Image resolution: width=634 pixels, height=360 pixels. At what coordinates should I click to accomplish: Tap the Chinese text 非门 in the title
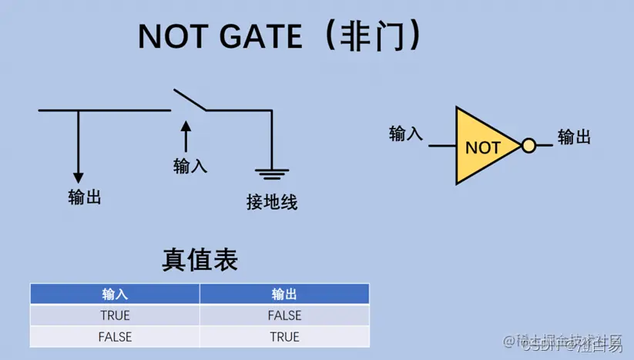point(368,36)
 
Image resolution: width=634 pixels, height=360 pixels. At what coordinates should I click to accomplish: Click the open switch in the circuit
point(190,101)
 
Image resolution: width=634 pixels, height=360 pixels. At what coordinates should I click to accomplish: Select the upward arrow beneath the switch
point(185,136)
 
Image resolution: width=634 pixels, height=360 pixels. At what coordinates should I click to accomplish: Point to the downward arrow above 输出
point(78,146)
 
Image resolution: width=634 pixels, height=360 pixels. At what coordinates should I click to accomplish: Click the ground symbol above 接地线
point(272,173)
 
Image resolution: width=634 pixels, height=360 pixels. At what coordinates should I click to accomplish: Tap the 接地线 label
point(272,203)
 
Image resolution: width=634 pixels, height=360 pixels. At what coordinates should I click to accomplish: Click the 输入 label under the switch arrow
point(190,165)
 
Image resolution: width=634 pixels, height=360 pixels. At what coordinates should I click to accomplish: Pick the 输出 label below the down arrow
point(84,197)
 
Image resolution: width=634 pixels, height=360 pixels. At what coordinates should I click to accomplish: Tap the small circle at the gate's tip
point(528,146)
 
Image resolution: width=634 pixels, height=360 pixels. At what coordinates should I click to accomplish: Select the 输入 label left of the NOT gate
point(406,133)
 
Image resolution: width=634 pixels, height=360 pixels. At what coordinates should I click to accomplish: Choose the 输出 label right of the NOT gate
point(574,137)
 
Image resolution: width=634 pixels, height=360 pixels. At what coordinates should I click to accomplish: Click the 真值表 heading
point(200,259)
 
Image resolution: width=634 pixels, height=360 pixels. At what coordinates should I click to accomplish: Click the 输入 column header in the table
point(115,294)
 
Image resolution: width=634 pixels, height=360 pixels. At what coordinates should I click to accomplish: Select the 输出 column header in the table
point(284,294)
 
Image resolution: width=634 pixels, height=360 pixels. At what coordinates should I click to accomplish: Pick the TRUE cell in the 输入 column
point(115,315)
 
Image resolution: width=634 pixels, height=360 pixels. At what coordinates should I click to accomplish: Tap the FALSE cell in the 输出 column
point(284,315)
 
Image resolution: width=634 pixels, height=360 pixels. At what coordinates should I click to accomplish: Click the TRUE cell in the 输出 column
point(284,337)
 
